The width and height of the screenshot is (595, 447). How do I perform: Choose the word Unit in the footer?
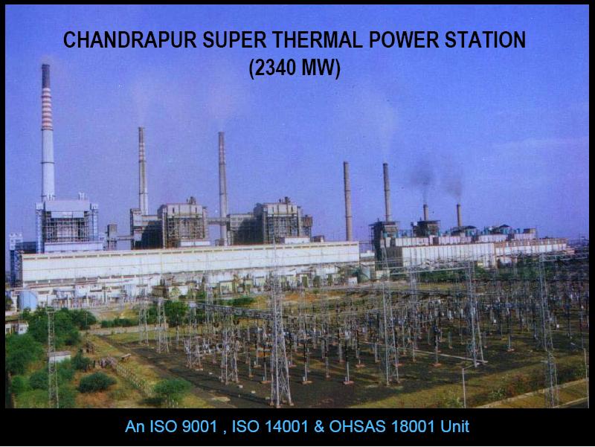pyautogui.click(x=455, y=427)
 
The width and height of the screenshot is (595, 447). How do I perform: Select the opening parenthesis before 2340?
pyautogui.click(x=253, y=68)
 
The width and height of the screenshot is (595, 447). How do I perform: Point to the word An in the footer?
pyautogui.click(x=134, y=427)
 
